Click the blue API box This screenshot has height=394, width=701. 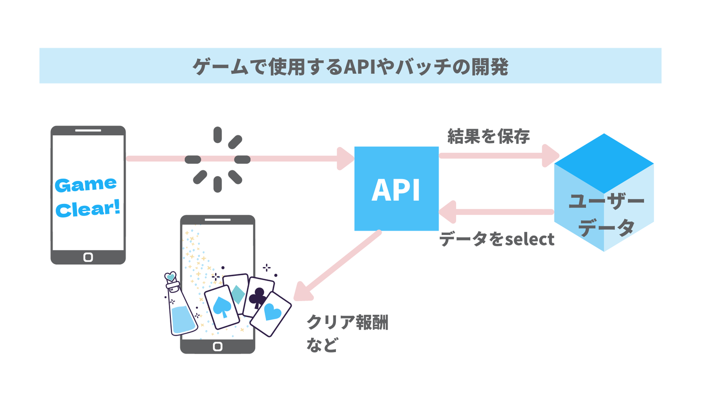(x=396, y=189)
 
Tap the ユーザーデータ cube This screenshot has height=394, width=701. (x=604, y=195)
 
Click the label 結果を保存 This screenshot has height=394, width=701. (x=488, y=137)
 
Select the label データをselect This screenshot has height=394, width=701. (x=497, y=239)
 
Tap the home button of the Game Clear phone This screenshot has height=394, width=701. (x=88, y=257)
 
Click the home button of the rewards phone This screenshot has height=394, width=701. (x=218, y=346)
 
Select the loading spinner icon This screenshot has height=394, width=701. (x=218, y=159)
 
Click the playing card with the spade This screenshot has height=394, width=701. (x=222, y=306)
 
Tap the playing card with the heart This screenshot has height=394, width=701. (x=270, y=314)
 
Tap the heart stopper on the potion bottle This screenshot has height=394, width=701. (x=170, y=276)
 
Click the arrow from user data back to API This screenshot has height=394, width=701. (x=497, y=212)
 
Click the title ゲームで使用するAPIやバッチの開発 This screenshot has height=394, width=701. (x=350, y=66)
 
